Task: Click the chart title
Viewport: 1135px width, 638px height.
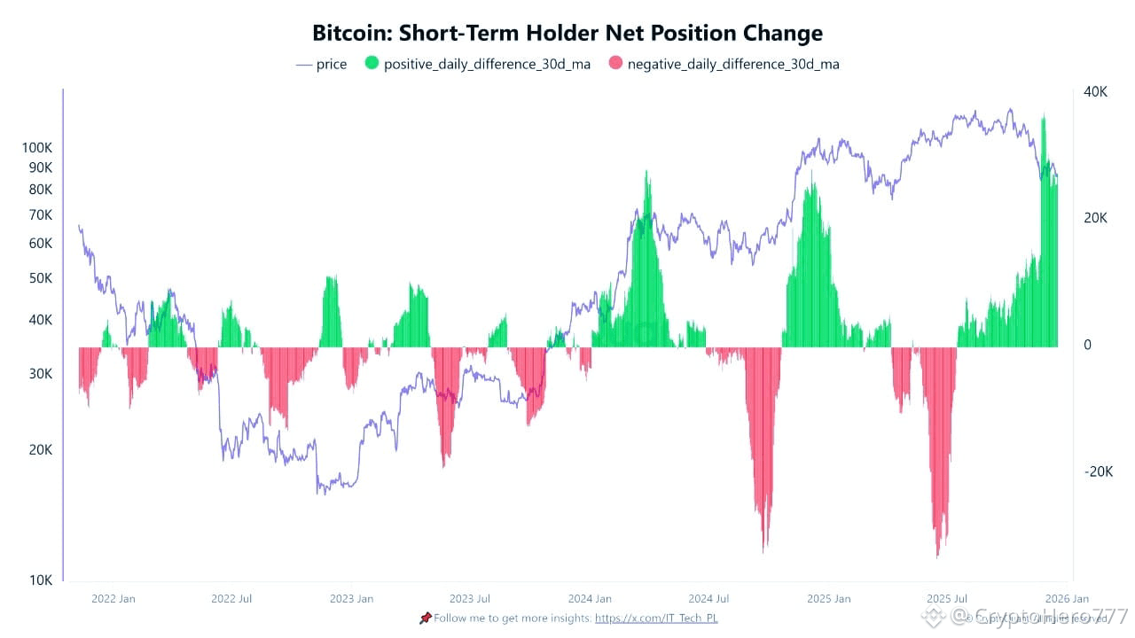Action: click(x=567, y=34)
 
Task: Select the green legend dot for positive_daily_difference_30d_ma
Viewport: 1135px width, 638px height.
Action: click(x=371, y=64)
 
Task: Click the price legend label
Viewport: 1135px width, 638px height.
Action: click(x=331, y=64)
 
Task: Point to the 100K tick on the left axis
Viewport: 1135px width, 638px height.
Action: click(x=37, y=148)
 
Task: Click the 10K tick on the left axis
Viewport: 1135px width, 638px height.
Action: click(x=42, y=580)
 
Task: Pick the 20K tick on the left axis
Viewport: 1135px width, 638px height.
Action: click(x=41, y=450)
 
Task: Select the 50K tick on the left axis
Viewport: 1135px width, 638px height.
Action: click(x=41, y=278)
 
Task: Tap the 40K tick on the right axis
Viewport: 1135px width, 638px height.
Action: click(x=1095, y=92)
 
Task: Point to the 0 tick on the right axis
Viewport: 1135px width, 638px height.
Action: click(x=1088, y=345)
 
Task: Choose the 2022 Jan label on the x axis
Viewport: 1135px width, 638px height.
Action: click(x=113, y=599)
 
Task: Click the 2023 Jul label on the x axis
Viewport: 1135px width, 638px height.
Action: click(x=469, y=599)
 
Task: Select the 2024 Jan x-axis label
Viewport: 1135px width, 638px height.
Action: click(x=590, y=599)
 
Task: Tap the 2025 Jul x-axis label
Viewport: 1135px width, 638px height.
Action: click(x=946, y=599)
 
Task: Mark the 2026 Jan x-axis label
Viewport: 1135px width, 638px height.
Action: click(x=1068, y=599)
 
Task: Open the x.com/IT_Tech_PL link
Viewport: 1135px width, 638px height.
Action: click(x=656, y=618)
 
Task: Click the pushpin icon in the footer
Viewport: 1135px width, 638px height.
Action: click(x=425, y=618)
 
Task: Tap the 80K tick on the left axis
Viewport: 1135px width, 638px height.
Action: click(x=41, y=190)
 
